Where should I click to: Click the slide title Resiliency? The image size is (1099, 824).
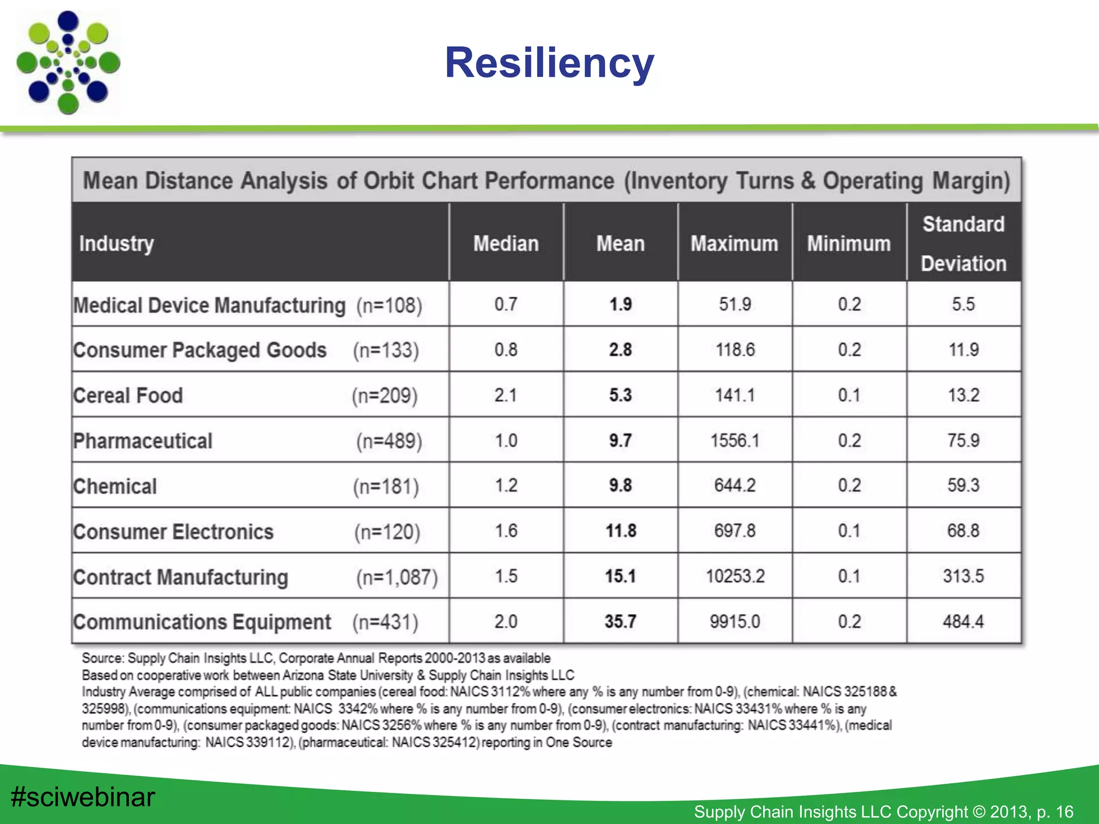click(x=549, y=63)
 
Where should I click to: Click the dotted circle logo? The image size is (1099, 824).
click(x=68, y=63)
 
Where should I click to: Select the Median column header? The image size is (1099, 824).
click(x=505, y=244)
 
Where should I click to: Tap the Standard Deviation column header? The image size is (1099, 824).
click(x=963, y=244)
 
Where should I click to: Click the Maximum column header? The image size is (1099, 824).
click(x=734, y=244)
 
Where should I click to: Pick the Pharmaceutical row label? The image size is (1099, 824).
click(x=143, y=441)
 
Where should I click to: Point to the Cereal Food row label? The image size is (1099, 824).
click(x=128, y=395)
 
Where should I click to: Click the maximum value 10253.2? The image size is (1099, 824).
click(x=735, y=576)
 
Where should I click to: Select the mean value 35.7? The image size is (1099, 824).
click(x=620, y=622)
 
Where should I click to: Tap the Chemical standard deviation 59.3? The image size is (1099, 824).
click(x=963, y=485)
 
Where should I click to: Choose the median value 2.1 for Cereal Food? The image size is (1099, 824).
click(x=505, y=395)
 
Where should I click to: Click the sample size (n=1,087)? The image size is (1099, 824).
click(x=397, y=577)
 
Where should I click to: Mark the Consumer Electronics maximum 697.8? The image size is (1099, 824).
click(x=735, y=531)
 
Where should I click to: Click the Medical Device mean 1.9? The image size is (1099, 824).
click(x=620, y=305)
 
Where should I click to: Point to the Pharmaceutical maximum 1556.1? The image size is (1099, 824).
click(x=735, y=441)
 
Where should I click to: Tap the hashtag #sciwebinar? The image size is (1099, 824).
click(x=83, y=797)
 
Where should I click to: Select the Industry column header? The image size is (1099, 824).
click(x=116, y=244)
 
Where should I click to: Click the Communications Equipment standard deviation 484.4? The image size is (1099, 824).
click(x=963, y=622)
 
